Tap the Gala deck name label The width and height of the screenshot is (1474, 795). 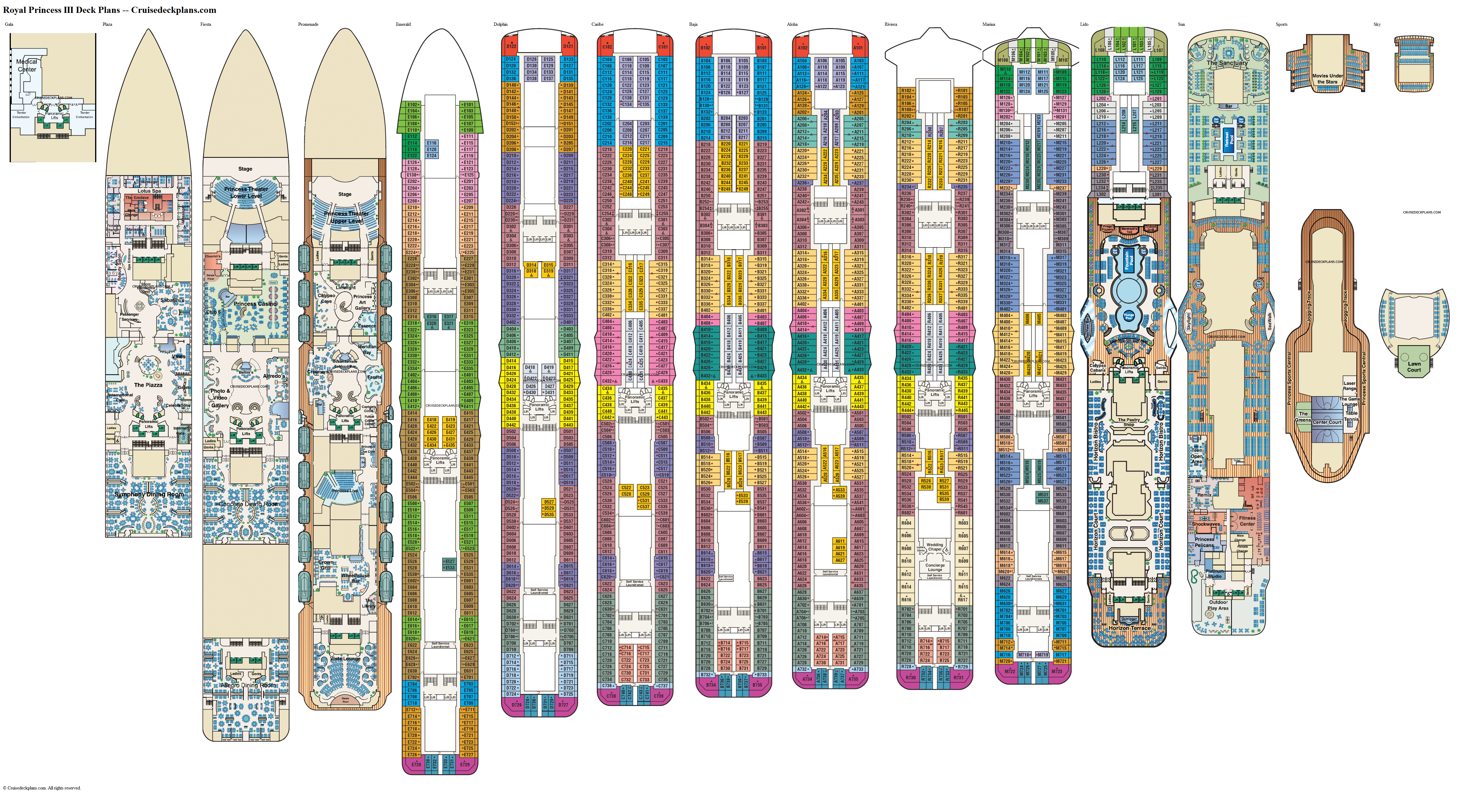point(9,24)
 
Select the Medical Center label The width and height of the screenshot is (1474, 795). point(26,65)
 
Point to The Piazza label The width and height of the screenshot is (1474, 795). point(148,385)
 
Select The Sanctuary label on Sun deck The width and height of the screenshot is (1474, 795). point(1227,63)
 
